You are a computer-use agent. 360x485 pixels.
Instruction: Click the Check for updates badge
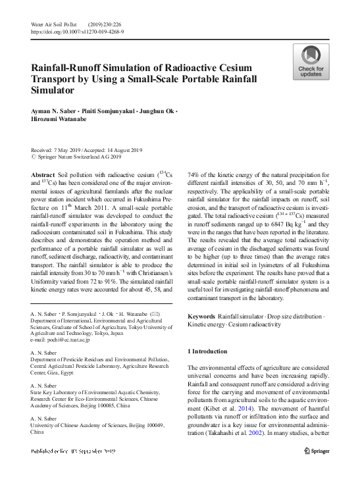311,63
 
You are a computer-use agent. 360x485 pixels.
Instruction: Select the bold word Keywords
201,317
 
